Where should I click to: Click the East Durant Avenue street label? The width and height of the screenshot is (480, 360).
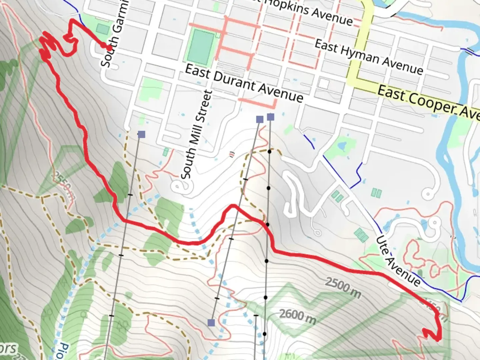pyautogui.click(x=244, y=83)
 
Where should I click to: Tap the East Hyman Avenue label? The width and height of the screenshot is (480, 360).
pyautogui.click(x=369, y=57)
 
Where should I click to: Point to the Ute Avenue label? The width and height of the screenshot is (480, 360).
pyautogui.click(x=398, y=261)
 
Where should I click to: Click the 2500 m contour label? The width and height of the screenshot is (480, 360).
pyautogui.click(x=343, y=287)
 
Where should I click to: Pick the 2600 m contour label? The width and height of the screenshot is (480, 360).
pyautogui.click(x=297, y=316)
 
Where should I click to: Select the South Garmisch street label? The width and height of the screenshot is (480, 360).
pyautogui.click(x=115, y=33)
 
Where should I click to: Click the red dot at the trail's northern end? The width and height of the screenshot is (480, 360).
pyautogui.click(x=109, y=48)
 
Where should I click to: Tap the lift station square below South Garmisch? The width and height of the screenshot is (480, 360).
pyautogui.click(x=141, y=134)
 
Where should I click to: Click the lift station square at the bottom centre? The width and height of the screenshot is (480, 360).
pyautogui.click(x=211, y=322)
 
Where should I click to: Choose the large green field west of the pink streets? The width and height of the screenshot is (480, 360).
pyautogui.click(x=201, y=47)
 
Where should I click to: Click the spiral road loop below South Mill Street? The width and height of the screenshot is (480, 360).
pyautogui.click(x=180, y=187)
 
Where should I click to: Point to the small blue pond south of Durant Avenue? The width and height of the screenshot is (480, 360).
pyautogui.click(x=341, y=146)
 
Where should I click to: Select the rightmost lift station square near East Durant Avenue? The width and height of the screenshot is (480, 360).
pyautogui.click(x=271, y=117)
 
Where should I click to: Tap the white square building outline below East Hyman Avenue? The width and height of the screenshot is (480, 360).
pyautogui.click(x=323, y=83)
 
